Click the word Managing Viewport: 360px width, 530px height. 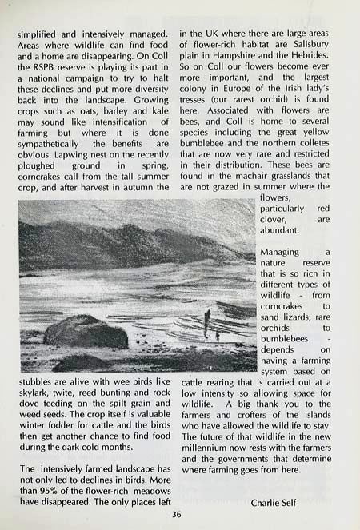[x=280, y=252]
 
